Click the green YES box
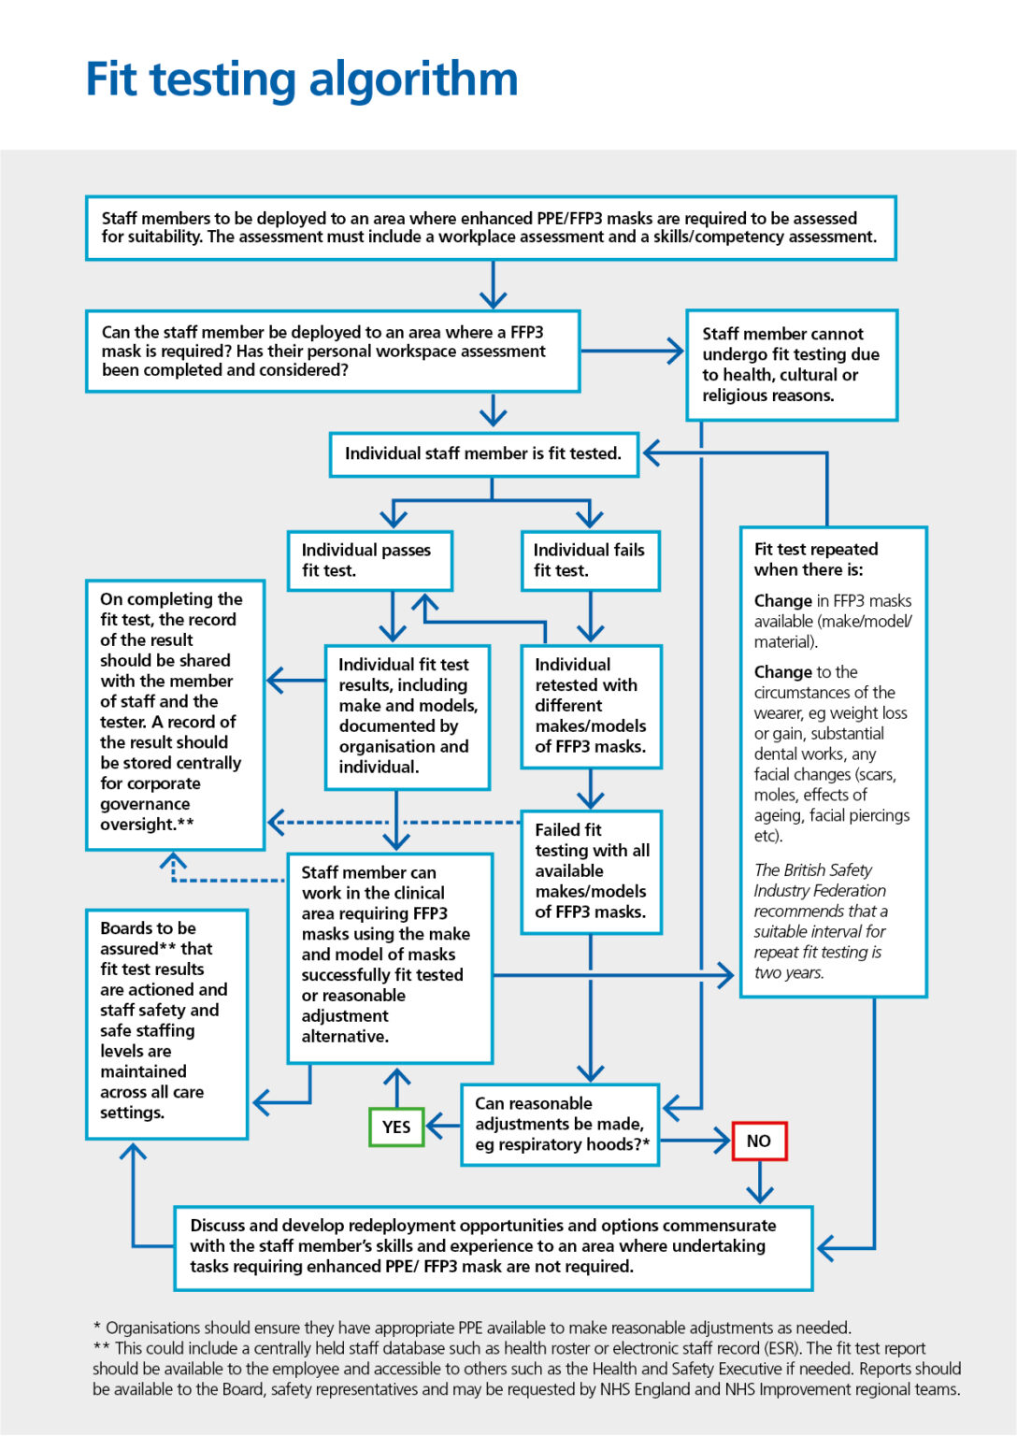tap(396, 1127)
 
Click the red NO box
tap(759, 1141)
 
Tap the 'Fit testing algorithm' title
tap(301, 79)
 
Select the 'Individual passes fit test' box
tap(370, 561)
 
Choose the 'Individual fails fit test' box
tap(590, 561)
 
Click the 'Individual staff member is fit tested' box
tap(483, 454)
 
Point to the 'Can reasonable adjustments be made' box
tap(560, 1125)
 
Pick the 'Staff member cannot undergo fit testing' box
tap(791, 365)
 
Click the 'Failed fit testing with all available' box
tap(591, 871)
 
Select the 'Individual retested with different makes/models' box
tap(591, 706)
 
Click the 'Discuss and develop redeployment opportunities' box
tap(493, 1247)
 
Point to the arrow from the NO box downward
tap(760, 1184)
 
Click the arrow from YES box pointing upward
tap(397, 1087)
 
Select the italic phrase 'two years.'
tap(789, 972)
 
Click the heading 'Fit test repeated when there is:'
tap(815, 559)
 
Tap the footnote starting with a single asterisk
tap(472, 1328)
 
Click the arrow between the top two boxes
tap(493, 285)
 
